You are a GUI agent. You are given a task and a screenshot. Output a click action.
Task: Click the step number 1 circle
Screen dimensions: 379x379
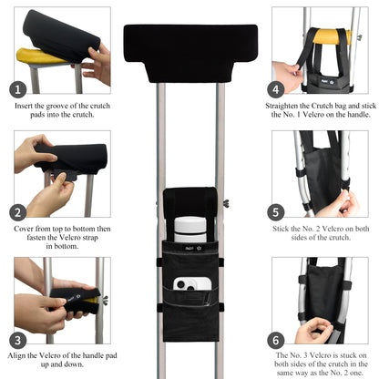[x=18, y=89]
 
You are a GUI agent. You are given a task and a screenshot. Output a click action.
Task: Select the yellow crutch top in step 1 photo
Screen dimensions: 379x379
[x=41, y=55]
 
